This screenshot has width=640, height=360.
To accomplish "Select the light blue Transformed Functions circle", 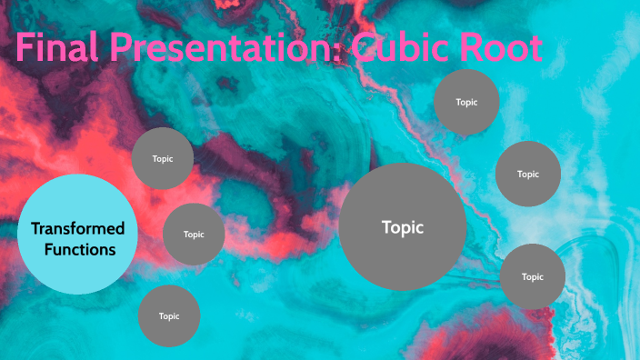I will tap(77, 235).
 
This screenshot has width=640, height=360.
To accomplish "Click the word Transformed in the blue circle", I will tap(77, 227).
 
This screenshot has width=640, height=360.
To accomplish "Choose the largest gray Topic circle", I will tap(403, 227).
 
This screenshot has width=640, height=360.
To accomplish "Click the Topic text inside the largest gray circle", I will tap(403, 227).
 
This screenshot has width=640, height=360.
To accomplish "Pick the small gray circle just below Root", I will tap(466, 102).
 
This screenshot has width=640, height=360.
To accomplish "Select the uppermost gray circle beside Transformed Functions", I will tap(163, 158).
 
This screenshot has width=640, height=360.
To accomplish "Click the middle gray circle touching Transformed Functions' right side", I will tap(194, 234).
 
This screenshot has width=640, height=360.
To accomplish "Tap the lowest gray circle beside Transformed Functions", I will tap(169, 315).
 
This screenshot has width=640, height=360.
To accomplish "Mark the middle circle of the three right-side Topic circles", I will tap(528, 174).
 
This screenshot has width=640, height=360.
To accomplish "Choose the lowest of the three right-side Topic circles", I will tap(533, 276).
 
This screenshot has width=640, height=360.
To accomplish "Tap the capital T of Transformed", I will tap(36, 227).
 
